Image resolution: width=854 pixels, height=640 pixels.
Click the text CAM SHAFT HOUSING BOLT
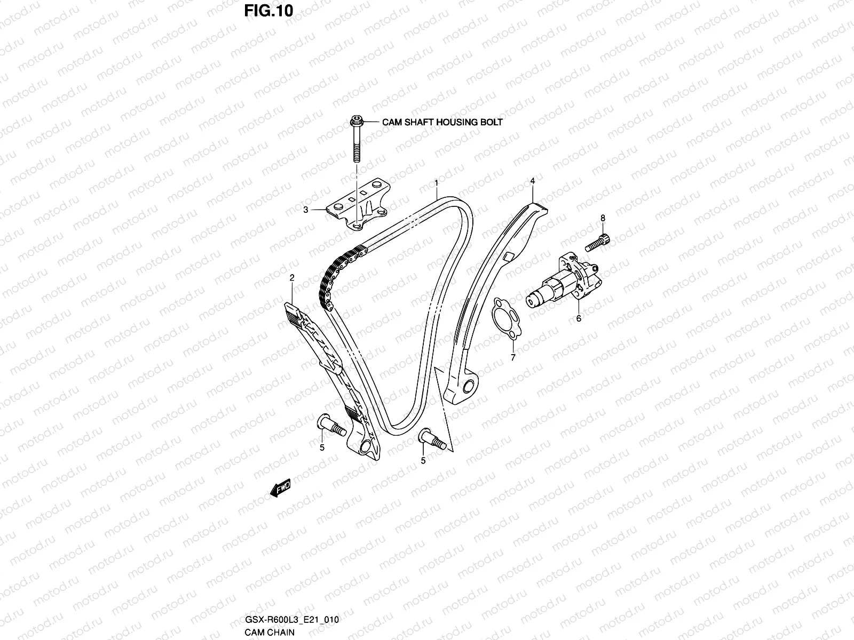(442, 122)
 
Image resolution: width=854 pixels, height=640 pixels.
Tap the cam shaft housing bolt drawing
(355, 139)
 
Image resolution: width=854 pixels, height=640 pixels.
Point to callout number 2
(292, 278)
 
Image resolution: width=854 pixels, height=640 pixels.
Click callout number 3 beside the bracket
(306, 210)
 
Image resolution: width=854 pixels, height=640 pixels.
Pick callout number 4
(532, 181)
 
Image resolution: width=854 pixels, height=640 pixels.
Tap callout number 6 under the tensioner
(578, 319)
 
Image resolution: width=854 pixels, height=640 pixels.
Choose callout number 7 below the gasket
(513, 358)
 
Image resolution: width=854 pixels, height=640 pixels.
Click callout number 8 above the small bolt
(603, 218)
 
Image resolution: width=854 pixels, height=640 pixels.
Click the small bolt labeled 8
(598, 243)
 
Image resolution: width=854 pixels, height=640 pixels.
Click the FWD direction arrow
(280, 487)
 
